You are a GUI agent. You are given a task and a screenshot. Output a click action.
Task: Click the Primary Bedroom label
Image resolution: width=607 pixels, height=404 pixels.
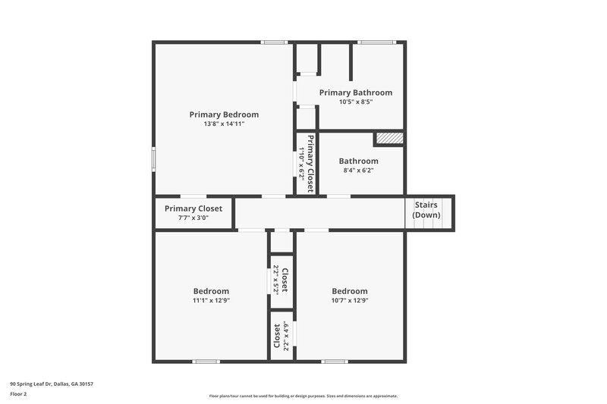224,114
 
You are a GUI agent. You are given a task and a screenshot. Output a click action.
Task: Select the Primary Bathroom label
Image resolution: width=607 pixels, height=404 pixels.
355,92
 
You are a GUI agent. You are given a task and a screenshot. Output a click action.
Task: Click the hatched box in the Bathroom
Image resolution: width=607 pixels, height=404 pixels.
388,139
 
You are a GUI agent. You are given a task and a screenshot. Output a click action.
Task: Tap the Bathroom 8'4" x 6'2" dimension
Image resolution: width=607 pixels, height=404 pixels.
358,170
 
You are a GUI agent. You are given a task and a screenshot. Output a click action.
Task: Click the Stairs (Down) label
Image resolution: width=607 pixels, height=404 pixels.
426,210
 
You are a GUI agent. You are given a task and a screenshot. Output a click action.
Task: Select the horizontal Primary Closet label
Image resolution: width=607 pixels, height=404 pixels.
193,208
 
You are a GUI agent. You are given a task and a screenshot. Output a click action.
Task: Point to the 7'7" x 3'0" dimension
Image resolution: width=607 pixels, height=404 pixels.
193,218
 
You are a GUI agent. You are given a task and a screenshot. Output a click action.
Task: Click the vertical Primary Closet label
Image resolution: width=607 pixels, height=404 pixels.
310,164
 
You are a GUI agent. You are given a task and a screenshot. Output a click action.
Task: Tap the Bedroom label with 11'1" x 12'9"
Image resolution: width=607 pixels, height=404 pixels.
211,291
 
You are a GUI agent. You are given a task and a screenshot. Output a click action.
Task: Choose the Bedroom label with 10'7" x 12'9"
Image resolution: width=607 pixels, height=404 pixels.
350,291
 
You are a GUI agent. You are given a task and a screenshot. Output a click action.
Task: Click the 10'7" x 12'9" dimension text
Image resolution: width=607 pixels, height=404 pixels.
350,300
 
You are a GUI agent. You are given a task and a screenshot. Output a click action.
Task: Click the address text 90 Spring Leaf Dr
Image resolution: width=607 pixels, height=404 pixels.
52,384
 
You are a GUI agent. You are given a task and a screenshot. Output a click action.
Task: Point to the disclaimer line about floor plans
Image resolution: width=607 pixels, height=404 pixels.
303,396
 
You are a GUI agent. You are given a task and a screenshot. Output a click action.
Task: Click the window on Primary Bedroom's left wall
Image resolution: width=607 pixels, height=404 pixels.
154,158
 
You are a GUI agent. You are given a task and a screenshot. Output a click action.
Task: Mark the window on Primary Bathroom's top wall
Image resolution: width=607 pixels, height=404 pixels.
377,42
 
